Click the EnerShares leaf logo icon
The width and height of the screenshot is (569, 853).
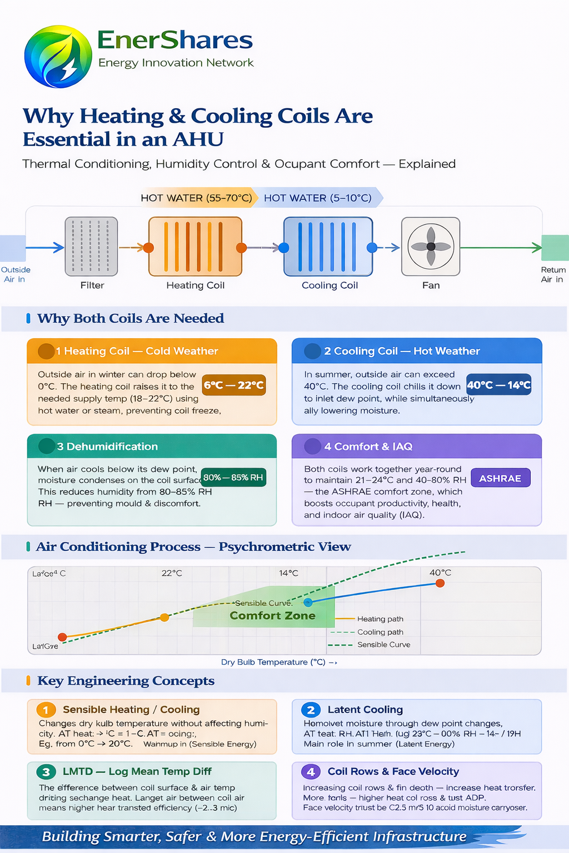coord(58,57)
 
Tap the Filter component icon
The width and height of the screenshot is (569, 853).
coord(92,247)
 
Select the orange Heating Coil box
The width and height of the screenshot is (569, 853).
coord(195,247)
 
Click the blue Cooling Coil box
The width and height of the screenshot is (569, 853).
coord(328,247)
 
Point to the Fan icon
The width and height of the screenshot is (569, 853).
coord(431,247)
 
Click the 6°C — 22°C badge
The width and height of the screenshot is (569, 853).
coord(234,385)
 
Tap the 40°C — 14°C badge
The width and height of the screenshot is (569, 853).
coord(498,385)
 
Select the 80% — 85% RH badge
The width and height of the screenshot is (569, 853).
coord(233,478)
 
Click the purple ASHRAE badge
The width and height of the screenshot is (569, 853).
coord(500,478)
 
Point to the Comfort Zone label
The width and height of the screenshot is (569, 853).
coord(272,616)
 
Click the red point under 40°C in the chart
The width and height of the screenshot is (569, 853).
coord(440,583)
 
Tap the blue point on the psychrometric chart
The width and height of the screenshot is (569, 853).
coord(308,603)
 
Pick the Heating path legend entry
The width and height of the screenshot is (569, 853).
coord(380,619)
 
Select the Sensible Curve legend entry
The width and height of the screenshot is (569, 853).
coord(383,645)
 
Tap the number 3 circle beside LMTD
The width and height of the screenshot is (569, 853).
coord(46,772)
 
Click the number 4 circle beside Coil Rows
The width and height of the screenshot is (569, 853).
coord(311,772)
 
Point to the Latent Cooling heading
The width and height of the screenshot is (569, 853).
coord(365,710)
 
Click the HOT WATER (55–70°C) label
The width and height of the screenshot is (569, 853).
coord(196,198)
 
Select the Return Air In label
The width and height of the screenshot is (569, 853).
coord(553,274)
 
